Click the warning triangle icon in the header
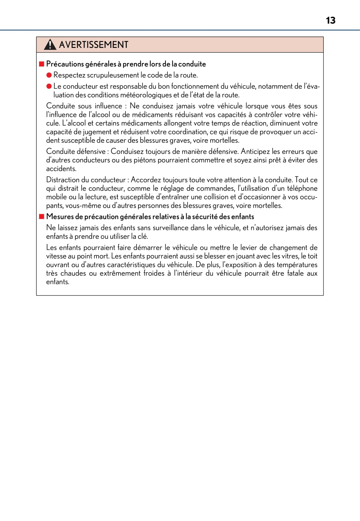(50, 45)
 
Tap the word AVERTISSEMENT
(94, 45)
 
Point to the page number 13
(330, 20)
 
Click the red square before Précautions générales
(42, 64)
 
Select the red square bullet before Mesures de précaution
(42, 217)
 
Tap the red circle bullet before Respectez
(49, 75)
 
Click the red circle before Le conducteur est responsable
(49, 86)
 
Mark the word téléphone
(302, 188)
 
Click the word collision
(215, 197)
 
